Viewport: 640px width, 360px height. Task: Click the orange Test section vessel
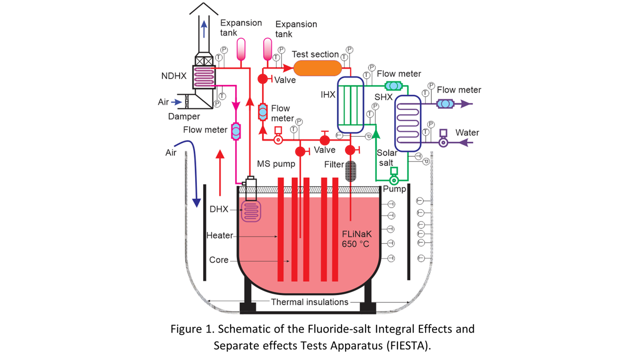pos(317,68)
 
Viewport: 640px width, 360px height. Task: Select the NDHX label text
pos(174,76)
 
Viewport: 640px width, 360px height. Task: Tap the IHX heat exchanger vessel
pos(350,105)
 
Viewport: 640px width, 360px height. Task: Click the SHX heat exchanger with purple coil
pos(408,123)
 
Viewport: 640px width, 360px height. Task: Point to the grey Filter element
pos(351,171)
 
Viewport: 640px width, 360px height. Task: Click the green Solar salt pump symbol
pos(394,180)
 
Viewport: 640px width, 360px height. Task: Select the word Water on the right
pos(467,132)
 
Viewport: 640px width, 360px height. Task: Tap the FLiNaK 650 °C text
pos(356,239)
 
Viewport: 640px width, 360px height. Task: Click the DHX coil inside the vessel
pos(251,211)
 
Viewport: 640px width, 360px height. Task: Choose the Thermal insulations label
pos(310,302)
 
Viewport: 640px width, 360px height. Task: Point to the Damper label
pos(184,116)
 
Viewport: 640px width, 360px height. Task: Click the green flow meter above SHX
pos(393,86)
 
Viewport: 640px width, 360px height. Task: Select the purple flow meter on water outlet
pos(445,104)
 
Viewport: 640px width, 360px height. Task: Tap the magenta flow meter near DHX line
pos(236,131)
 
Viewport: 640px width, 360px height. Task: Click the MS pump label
pos(276,164)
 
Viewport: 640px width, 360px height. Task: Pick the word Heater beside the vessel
pos(220,235)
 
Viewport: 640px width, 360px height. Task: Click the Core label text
pos(219,260)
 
